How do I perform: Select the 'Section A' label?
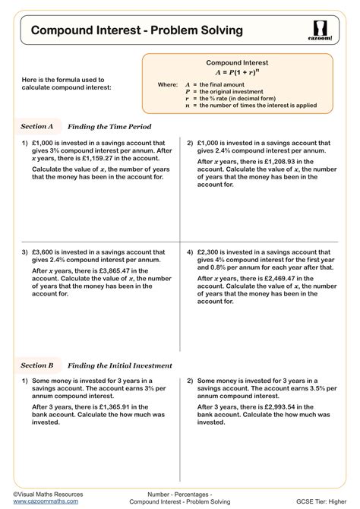coord(36,126)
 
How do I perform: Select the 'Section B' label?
coord(36,365)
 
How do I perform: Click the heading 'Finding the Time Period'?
coord(109,126)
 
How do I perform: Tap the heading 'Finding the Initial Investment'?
coord(120,365)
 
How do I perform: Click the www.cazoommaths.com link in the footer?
coord(43,502)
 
